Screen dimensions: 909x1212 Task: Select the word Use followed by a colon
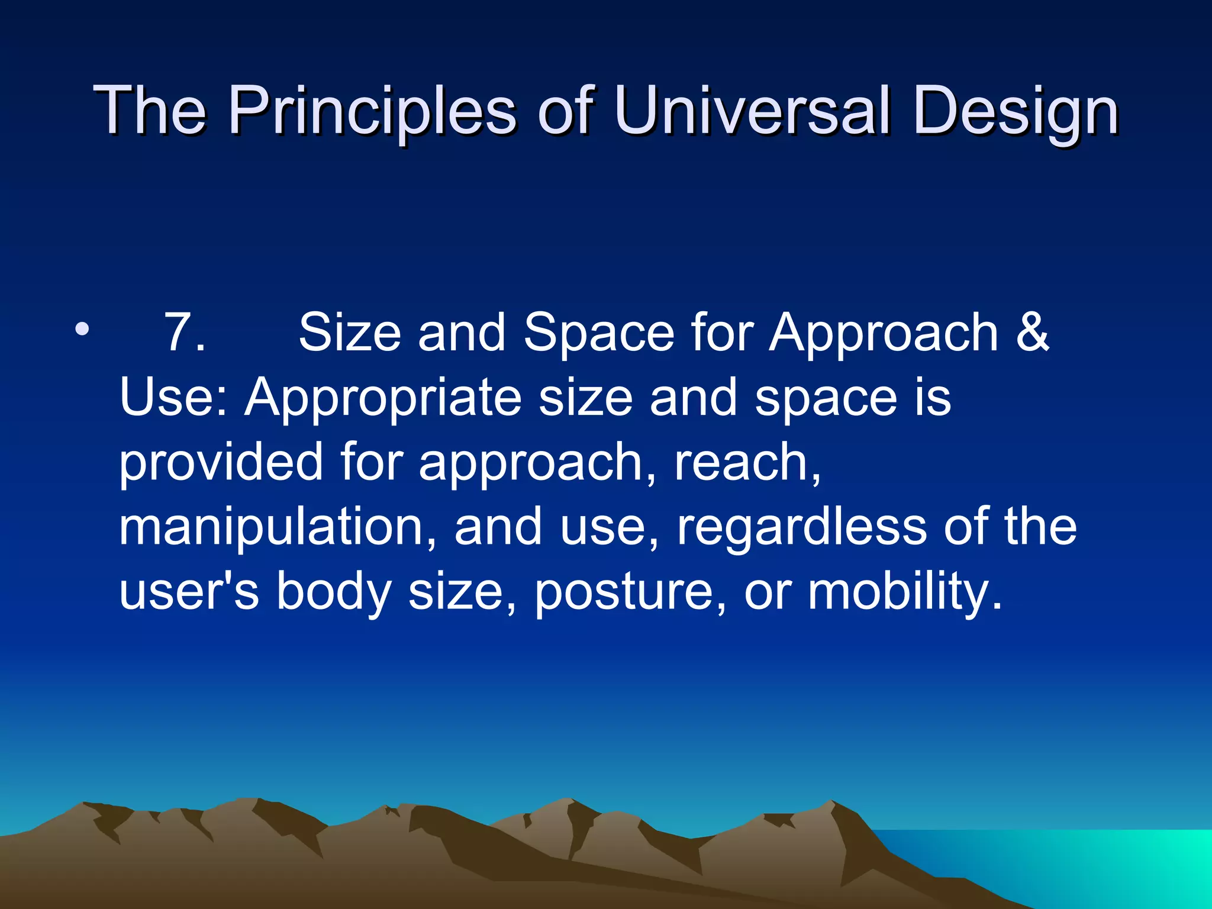(x=172, y=397)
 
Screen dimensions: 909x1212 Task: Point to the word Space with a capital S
(x=598, y=333)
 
